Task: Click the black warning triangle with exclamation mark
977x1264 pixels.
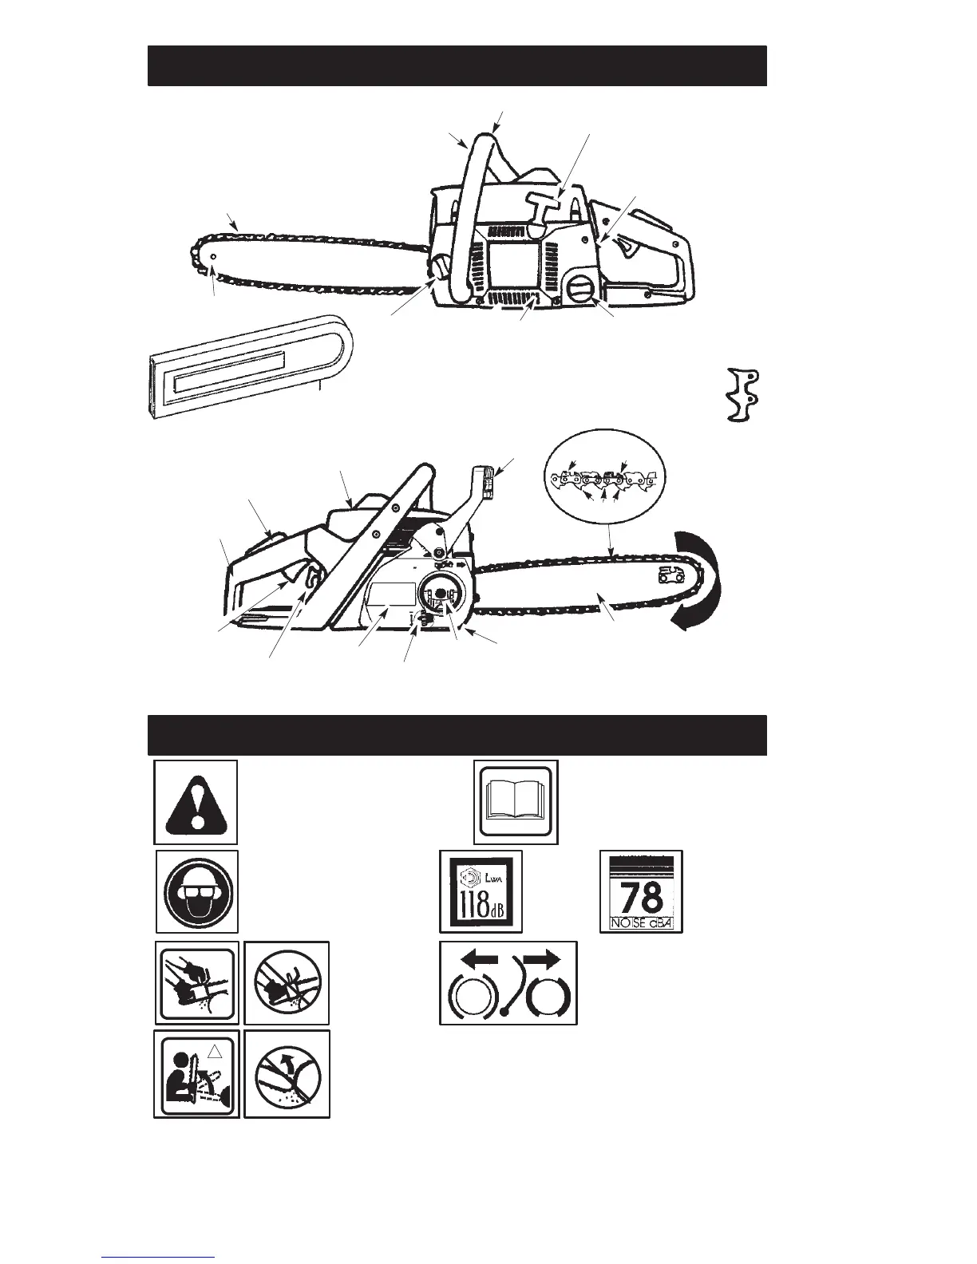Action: coord(196,802)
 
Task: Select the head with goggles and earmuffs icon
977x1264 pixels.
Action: coord(196,891)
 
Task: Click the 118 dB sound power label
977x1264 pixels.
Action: coord(481,891)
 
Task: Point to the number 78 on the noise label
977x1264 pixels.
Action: coord(642,897)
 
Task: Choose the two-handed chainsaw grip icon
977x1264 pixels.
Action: coord(196,983)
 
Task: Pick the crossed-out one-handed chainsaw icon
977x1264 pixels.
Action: coord(287,983)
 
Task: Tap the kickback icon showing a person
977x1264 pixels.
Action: coord(196,1073)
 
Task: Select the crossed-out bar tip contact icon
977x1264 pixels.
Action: coord(287,1073)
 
